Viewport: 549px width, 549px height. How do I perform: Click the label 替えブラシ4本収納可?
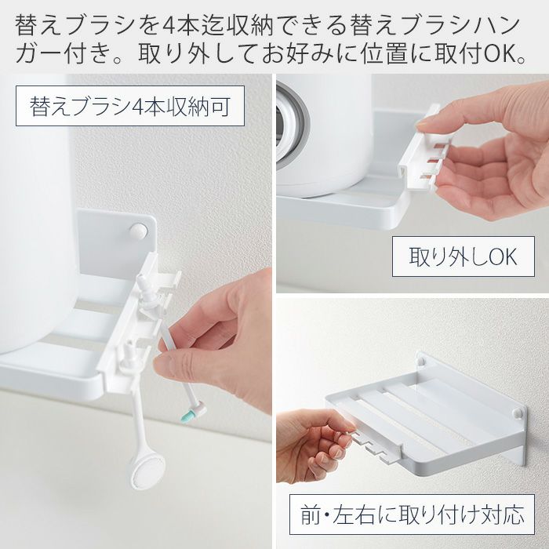[x=130, y=106]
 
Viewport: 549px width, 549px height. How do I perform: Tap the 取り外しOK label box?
[x=463, y=256]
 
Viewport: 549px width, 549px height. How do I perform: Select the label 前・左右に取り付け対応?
[x=412, y=514]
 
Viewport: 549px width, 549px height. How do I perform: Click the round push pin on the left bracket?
[x=138, y=231]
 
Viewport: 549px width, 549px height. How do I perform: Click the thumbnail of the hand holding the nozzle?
[x=161, y=365]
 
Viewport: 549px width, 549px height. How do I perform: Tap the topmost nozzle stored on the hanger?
[x=144, y=286]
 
